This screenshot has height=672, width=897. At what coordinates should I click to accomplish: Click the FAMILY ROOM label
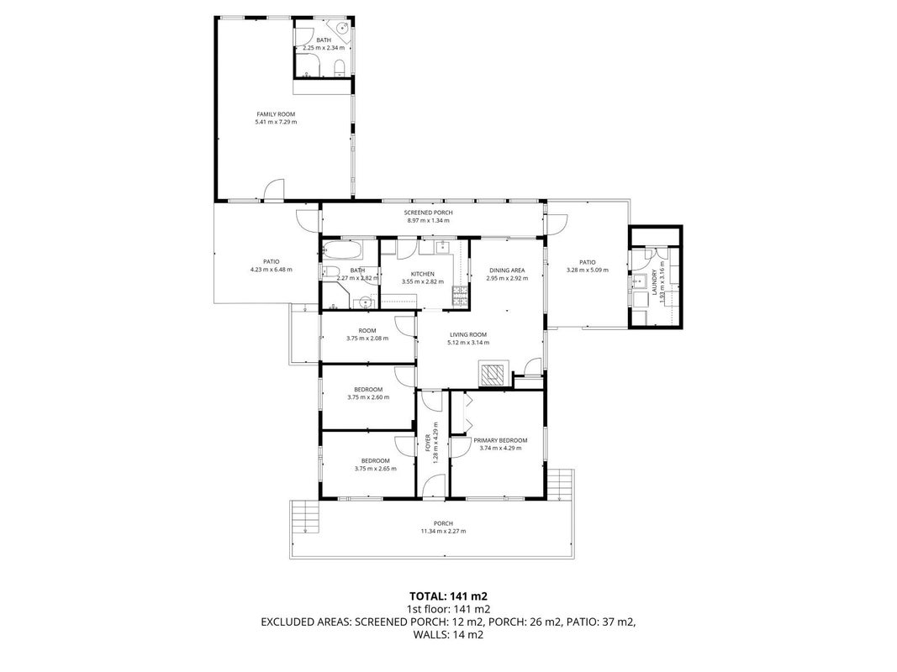pos(276,114)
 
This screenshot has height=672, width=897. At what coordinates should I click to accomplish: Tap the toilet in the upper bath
pos(339,67)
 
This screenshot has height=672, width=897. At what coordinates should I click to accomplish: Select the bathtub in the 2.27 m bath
pos(341,250)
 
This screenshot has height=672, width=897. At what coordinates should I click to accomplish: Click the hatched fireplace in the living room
pos(493,375)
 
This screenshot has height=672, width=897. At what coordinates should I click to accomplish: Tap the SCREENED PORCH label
pos(429,213)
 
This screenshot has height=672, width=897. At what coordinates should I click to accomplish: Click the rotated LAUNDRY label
pos(654,282)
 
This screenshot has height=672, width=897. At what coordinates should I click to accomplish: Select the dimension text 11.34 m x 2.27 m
pos(443,532)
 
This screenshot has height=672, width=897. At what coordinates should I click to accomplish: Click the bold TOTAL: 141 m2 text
pos(448,597)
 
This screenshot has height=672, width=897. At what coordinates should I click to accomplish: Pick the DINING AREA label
pos(507,270)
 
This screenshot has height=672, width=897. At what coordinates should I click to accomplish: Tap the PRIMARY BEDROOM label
pos(500,440)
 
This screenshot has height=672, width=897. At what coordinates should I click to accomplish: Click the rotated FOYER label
pos(427,444)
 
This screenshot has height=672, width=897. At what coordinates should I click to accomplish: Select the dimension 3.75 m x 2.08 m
pos(367,339)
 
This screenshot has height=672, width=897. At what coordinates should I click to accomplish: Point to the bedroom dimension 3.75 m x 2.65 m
pos(375,469)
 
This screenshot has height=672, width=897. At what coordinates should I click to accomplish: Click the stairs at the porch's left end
pos(305,517)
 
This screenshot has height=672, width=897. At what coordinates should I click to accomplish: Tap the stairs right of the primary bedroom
pos(560,485)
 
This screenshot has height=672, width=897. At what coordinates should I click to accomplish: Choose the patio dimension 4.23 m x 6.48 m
pos(272,270)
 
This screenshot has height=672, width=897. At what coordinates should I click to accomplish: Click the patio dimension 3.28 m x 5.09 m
pos(588,270)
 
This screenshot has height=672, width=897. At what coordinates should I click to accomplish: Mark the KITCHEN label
pos(423,275)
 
